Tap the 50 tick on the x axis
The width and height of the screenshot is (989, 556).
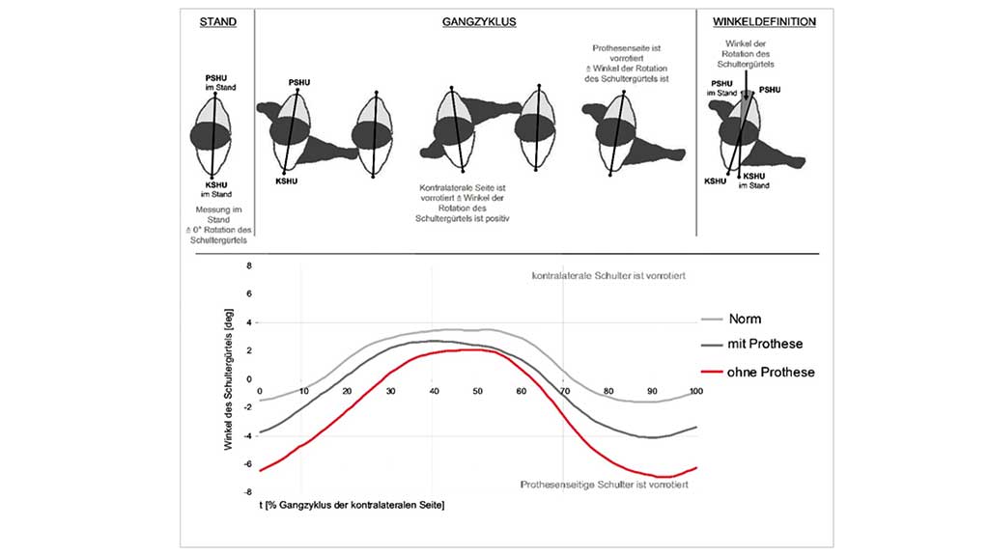click(x=477, y=390)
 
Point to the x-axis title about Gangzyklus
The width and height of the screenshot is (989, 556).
click(x=352, y=504)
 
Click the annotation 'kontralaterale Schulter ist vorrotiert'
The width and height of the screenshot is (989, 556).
click(x=609, y=277)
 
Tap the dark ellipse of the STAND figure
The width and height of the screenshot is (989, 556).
click(x=211, y=136)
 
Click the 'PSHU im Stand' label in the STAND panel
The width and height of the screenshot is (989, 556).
click(x=213, y=82)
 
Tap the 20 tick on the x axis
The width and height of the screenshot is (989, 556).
click(x=347, y=390)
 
